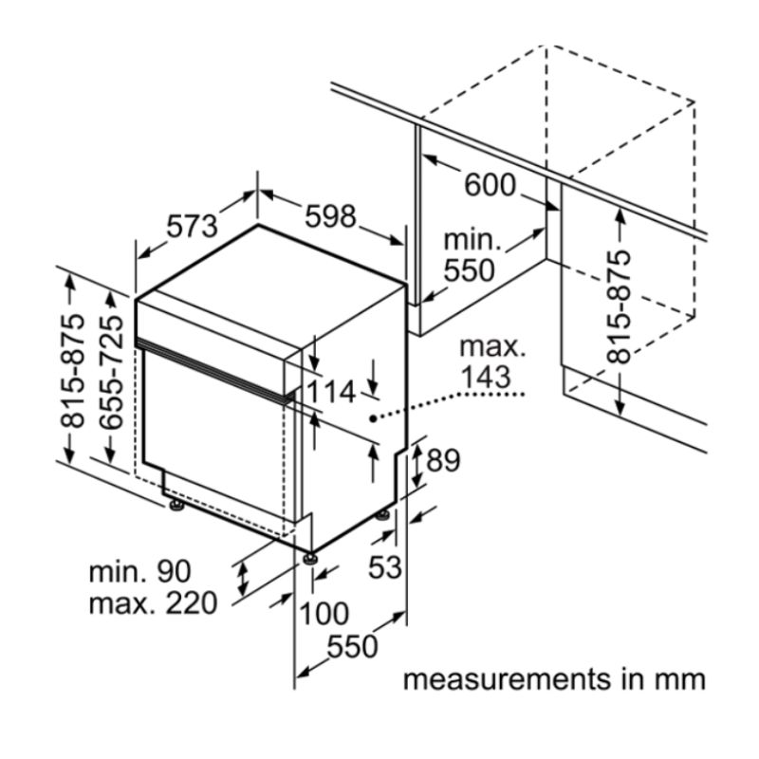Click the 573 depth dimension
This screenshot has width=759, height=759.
click(x=193, y=227)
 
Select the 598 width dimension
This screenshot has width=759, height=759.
click(x=330, y=216)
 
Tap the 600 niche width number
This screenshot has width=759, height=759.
click(x=490, y=185)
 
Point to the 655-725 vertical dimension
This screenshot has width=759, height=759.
click(x=111, y=372)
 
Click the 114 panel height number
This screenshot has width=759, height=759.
click(x=331, y=392)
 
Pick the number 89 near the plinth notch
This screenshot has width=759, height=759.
click(x=443, y=460)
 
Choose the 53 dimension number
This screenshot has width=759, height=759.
click(x=385, y=566)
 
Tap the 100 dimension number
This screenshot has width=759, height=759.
click(x=324, y=613)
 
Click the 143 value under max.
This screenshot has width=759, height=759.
click(x=486, y=377)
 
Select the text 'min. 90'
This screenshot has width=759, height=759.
click(x=139, y=571)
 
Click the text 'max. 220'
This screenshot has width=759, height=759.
click(x=153, y=603)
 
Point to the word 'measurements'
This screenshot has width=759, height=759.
click(x=508, y=679)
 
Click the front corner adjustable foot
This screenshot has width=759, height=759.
click(x=310, y=559)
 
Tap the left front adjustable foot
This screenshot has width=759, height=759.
click(x=176, y=506)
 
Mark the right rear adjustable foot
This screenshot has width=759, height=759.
click(x=383, y=515)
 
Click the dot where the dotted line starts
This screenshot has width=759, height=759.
click(x=373, y=418)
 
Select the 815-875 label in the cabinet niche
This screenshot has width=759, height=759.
click(x=620, y=306)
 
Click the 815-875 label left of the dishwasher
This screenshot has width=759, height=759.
click(x=72, y=371)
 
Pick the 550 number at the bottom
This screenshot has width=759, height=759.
click(x=352, y=646)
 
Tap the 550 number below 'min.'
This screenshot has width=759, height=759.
click(x=470, y=270)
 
